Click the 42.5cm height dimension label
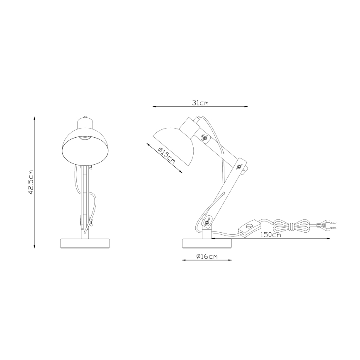tap(30, 182)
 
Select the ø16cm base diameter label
tap(207, 256)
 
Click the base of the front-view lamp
tap(85, 243)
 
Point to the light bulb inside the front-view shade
tap(85, 137)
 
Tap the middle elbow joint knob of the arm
tap(240, 167)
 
